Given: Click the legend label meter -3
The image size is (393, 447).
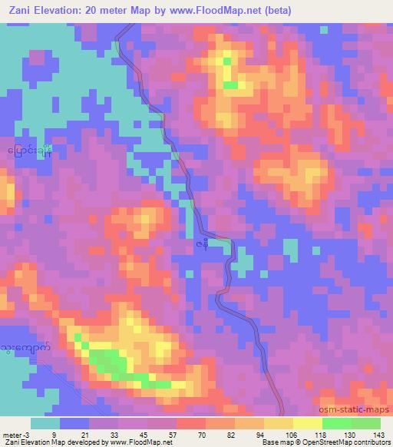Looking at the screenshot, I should point(15,434).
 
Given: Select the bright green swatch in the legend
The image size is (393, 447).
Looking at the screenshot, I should point(338,423).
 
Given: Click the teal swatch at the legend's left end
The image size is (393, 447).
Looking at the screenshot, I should point(45,423).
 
